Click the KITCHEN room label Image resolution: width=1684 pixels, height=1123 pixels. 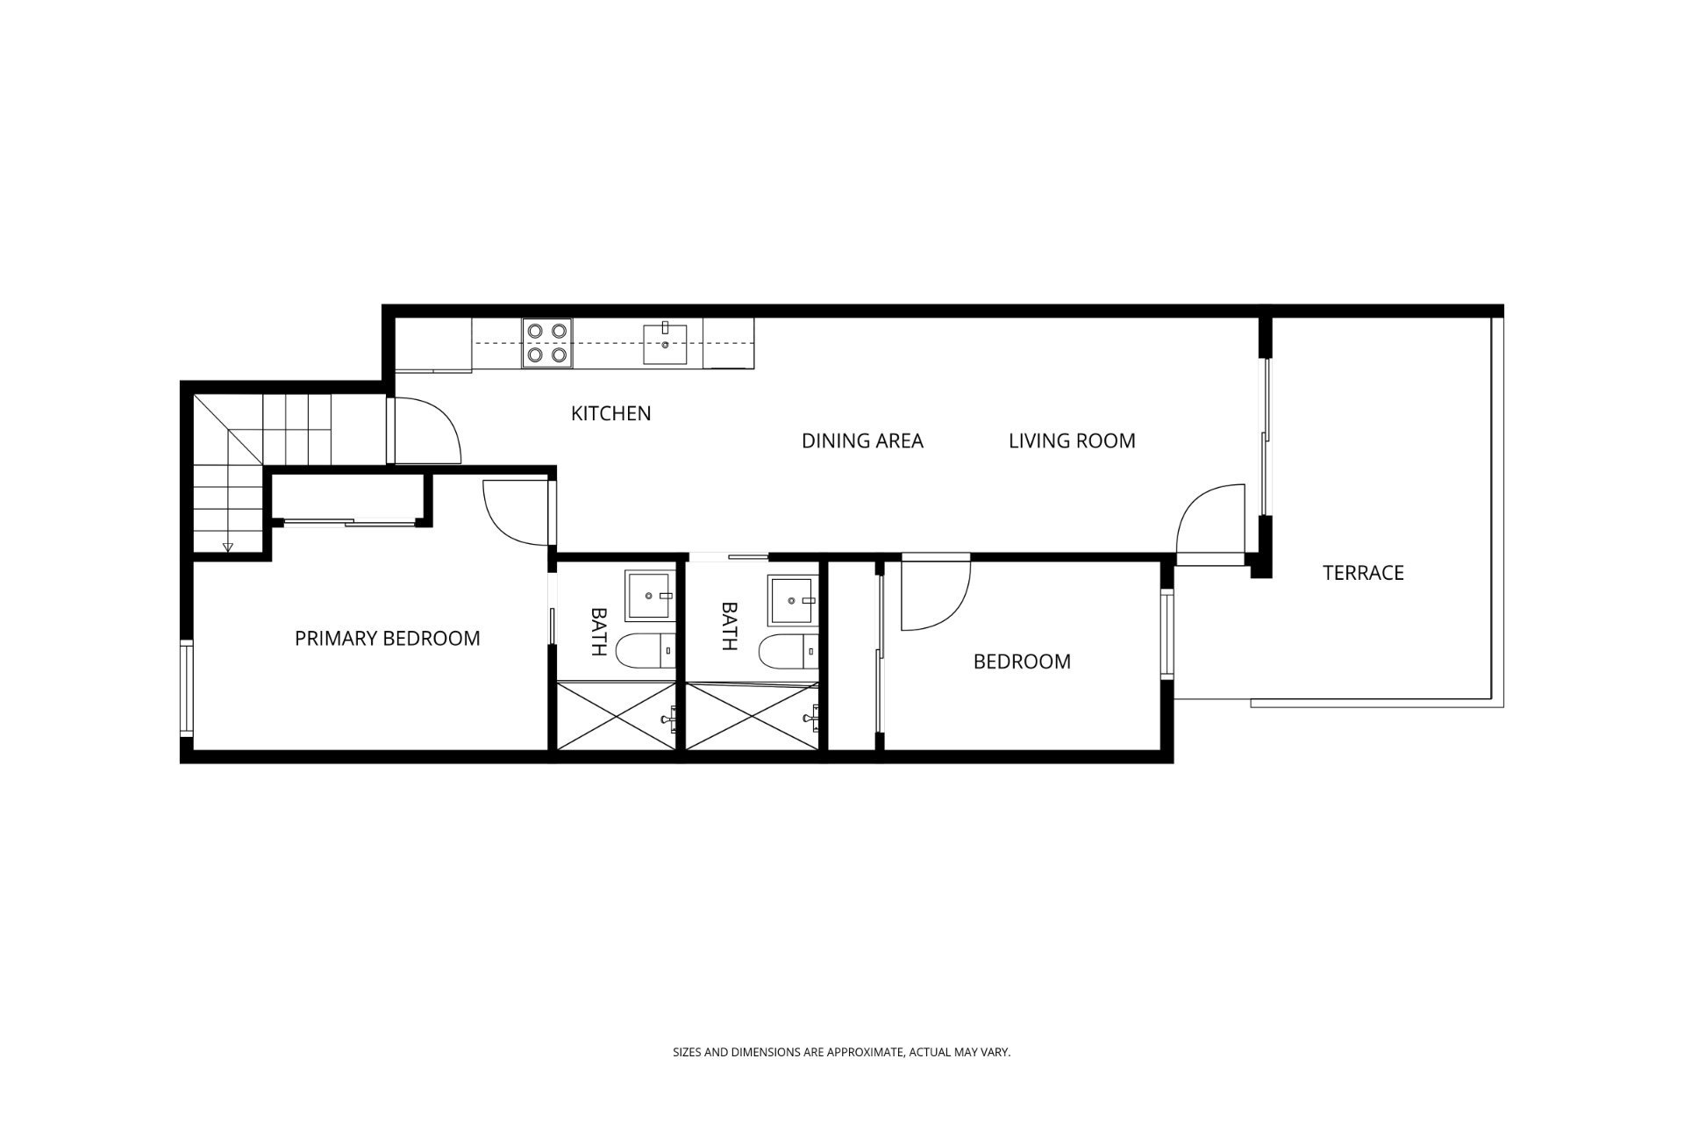610,413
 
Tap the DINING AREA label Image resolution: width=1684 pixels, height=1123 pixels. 862,440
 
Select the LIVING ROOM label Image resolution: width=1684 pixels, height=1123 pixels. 1072,440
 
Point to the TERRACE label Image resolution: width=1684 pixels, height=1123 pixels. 1363,573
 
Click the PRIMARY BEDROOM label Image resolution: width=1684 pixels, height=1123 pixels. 387,639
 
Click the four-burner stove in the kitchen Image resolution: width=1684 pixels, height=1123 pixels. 547,343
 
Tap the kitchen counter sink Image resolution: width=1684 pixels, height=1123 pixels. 666,343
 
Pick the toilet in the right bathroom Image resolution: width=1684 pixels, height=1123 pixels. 788,651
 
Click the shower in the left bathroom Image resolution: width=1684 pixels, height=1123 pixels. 617,716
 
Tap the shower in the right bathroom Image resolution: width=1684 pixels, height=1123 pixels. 753,716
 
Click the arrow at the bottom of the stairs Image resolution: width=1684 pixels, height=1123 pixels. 228,547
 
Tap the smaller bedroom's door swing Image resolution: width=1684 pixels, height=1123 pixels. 935,594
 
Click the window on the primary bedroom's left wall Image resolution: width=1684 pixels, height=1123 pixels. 186,690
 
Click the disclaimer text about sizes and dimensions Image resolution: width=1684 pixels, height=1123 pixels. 841,1051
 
